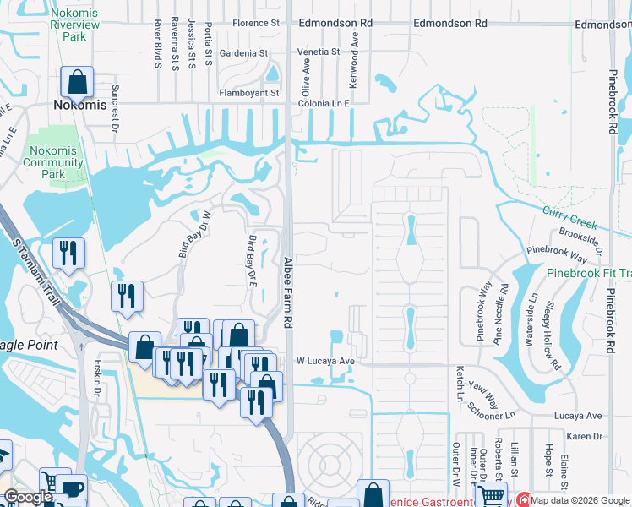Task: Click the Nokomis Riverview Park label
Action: point(80,25)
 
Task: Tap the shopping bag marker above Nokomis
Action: point(77,82)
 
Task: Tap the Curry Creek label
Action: point(569,218)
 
